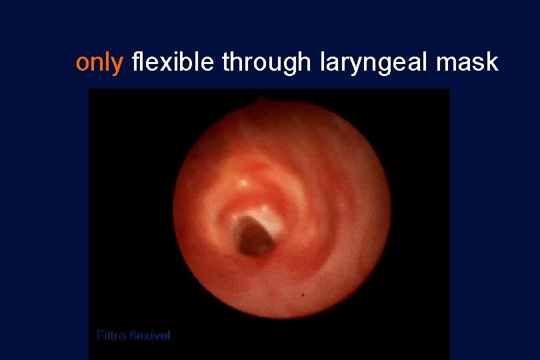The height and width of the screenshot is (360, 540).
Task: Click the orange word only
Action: pyautogui.click(x=99, y=63)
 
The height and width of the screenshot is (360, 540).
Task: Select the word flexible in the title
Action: pyautogui.click(x=173, y=62)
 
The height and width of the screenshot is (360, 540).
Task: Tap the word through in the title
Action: pyautogui.click(x=265, y=62)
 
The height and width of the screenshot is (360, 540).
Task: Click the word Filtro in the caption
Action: pyautogui.click(x=113, y=335)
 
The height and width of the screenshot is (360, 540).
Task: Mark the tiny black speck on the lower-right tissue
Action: pyautogui.click(x=304, y=293)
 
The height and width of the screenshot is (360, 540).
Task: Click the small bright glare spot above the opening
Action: pyautogui.click(x=245, y=181)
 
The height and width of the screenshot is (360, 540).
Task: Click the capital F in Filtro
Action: pyautogui.click(x=100, y=335)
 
